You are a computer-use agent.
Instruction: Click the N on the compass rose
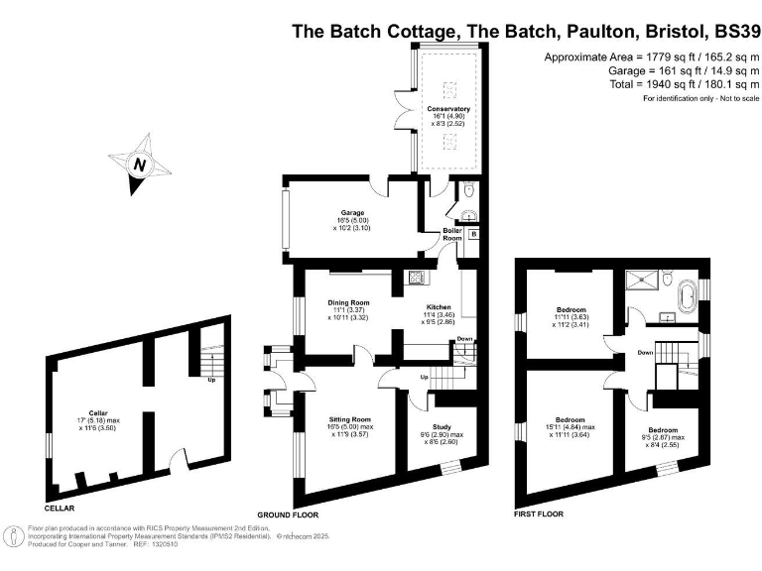(140, 167)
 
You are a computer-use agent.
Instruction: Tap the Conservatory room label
(448, 108)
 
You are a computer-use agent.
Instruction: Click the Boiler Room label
(452, 234)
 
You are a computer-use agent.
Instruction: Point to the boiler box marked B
(473, 234)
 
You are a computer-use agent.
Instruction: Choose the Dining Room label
(348, 302)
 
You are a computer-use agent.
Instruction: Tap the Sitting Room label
(348, 419)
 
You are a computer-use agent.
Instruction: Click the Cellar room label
(97, 411)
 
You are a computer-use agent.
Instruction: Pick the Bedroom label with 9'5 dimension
(662, 402)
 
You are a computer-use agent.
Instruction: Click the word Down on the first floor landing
(645, 352)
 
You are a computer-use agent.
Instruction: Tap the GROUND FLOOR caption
(287, 516)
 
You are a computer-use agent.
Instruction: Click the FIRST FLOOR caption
(539, 514)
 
